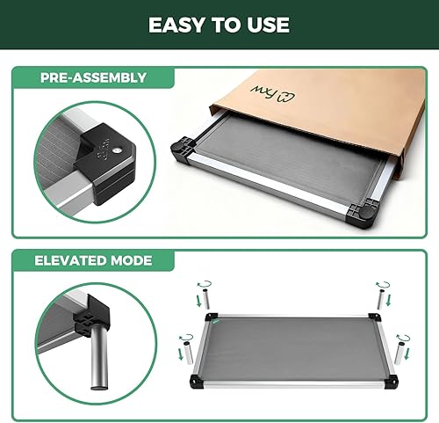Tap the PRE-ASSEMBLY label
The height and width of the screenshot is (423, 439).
point(92,77)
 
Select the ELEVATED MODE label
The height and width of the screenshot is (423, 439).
point(94,260)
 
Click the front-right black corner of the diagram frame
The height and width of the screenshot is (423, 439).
point(390,381)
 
